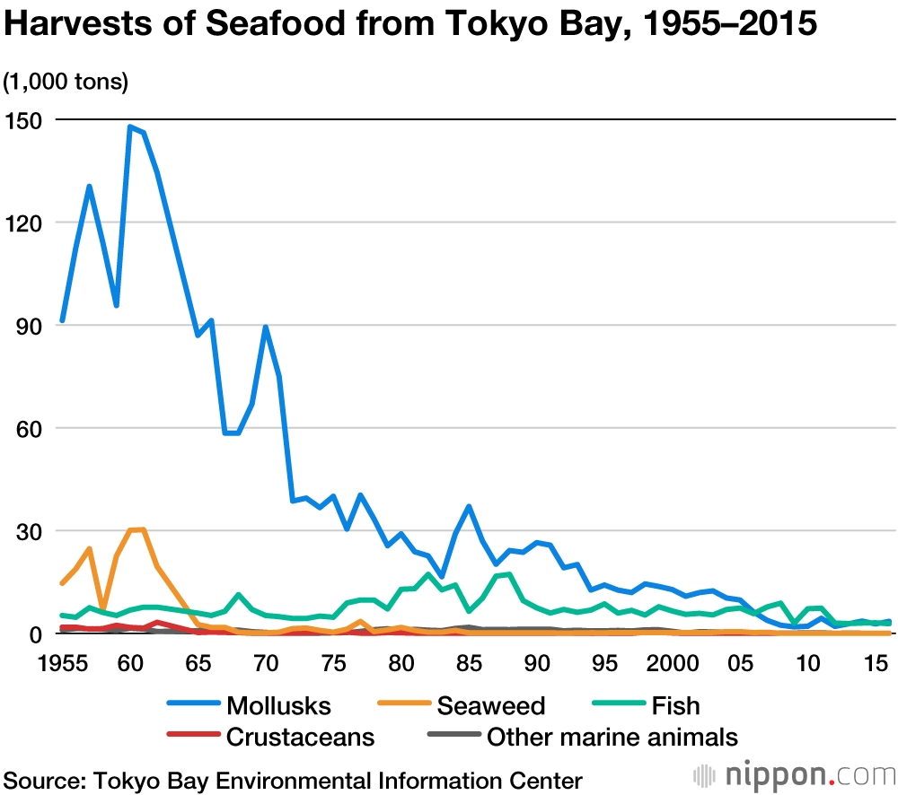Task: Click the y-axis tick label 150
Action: pyautogui.click(x=25, y=119)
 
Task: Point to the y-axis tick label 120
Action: pyautogui.click(x=25, y=223)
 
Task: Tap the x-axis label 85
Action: pyautogui.click(x=469, y=664)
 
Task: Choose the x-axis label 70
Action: pyautogui.click(x=265, y=664)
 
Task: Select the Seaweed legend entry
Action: pyautogui.click(x=490, y=705)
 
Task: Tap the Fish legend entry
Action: pyautogui.click(x=676, y=705)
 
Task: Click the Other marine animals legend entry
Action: pyautogui.click(x=612, y=737)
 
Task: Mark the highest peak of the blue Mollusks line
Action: pyautogui.click(x=130, y=127)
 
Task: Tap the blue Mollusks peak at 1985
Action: pyautogui.click(x=469, y=506)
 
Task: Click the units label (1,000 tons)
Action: pyautogui.click(x=66, y=82)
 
